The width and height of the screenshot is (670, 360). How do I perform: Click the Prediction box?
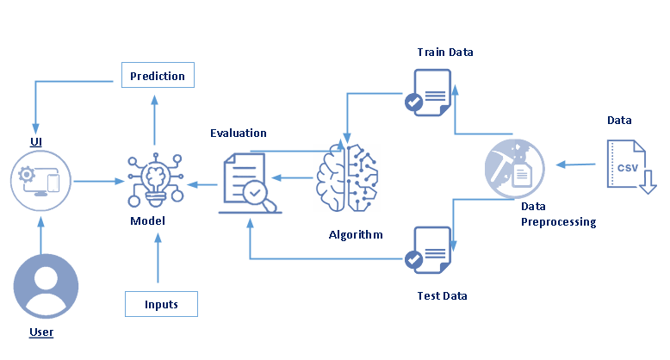click(x=158, y=76)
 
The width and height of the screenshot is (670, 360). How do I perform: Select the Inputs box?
click(x=162, y=304)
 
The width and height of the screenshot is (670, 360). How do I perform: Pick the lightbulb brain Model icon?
click(x=156, y=179)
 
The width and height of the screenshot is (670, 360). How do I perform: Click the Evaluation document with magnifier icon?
click(x=250, y=182)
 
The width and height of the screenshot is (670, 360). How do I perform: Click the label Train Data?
click(x=445, y=53)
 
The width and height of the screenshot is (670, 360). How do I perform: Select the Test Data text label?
click(x=441, y=295)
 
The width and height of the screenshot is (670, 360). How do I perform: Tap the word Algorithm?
click(x=356, y=234)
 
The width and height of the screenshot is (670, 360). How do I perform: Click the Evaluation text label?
click(x=239, y=133)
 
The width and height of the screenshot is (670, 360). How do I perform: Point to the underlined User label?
click(x=40, y=332)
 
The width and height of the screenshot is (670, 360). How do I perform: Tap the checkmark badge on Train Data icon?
click(x=414, y=102)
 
